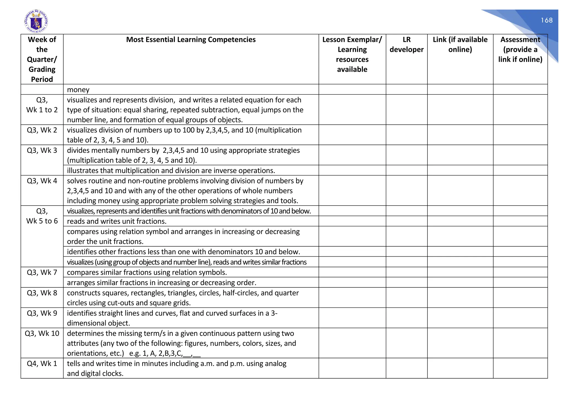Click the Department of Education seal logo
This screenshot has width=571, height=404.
click(36, 21)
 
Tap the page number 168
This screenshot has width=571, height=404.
click(546, 20)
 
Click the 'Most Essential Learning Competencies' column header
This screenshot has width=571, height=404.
click(191, 40)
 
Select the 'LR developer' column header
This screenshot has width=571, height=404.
click(407, 45)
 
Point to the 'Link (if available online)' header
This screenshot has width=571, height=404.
click(460, 45)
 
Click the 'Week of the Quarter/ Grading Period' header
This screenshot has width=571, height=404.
click(42, 59)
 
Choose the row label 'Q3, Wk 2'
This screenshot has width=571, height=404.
click(42, 130)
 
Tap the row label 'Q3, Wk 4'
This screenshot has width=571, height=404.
click(42, 181)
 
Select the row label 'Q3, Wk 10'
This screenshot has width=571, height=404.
click(42, 333)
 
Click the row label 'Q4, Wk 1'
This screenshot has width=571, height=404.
click(42, 364)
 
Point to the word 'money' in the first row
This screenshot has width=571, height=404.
click(78, 90)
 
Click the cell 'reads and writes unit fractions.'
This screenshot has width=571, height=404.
click(117, 221)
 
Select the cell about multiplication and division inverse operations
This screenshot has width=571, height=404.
click(171, 170)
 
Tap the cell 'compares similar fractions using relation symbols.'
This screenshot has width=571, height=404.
click(147, 272)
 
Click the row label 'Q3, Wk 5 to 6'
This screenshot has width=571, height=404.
click(42, 216)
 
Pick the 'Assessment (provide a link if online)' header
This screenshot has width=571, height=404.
click(520, 50)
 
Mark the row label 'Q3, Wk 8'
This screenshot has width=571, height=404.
click(42, 293)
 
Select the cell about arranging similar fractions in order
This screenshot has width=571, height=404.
click(161, 283)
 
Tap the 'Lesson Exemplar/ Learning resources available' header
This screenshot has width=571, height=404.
click(352, 54)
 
